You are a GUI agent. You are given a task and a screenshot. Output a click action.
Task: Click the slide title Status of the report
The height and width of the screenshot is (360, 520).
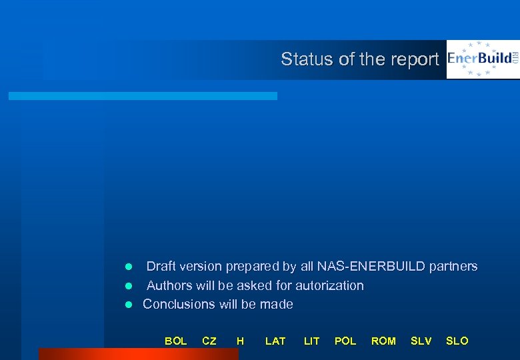tap(360, 59)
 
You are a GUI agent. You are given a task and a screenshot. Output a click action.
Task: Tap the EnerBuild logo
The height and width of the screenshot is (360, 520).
tap(483, 59)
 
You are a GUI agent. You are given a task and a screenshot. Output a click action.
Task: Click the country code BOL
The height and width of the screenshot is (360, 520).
tap(175, 341)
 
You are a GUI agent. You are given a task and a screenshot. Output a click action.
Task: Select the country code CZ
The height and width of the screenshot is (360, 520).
tap(209, 341)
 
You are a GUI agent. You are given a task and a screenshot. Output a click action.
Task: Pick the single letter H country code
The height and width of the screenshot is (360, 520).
tap(240, 341)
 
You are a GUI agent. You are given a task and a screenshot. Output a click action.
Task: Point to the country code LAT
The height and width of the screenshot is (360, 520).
tap(275, 341)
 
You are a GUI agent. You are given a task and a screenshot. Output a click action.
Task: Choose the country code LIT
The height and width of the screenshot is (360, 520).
tap(311, 341)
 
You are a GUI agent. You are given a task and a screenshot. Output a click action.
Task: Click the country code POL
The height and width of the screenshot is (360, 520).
tap(345, 341)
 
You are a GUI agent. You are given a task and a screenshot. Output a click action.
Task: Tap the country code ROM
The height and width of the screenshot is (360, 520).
tap(383, 341)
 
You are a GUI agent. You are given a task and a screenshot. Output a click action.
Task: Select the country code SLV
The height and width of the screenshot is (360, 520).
tap(421, 341)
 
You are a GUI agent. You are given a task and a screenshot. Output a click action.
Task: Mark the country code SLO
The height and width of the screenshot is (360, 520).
tap(457, 341)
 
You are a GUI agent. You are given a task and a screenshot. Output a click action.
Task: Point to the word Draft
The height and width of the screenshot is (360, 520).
tap(161, 267)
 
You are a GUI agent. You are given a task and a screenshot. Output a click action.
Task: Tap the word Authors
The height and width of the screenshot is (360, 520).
tap(169, 285)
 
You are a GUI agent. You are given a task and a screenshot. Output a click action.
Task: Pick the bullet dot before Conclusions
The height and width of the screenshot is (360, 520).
tap(129, 305)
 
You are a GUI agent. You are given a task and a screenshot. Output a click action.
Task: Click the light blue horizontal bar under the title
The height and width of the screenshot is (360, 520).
tap(143, 96)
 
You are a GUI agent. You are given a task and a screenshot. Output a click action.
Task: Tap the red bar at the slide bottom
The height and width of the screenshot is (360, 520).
tap(138, 354)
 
